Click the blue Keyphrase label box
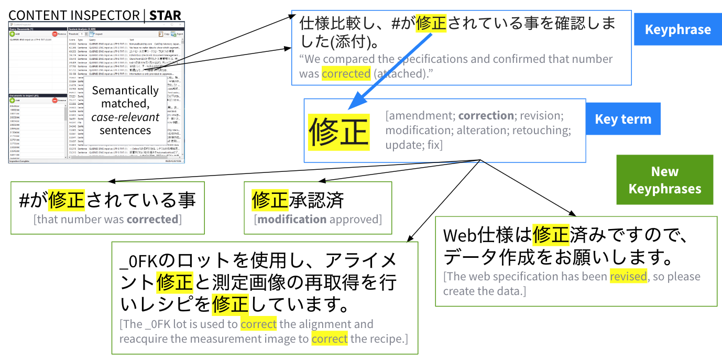pyautogui.click(x=678, y=29)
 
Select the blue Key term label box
pyautogui.click(x=623, y=119)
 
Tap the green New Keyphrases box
pyautogui.click(x=664, y=180)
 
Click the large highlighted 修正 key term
pyautogui.click(x=338, y=132)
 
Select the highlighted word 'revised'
pyautogui.click(x=628, y=276)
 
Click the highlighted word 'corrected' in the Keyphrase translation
pyautogui.click(x=346, y=74)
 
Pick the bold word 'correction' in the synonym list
pyautogui.click(x=486, y=115)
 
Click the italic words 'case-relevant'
pyautogui.click(x=125, y=117)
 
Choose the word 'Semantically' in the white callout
pyautogui.click(x=125, y=90)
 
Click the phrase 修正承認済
pyautogui.click(x=298, y=200)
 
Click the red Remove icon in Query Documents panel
pyautogui.click(x=55, y=34)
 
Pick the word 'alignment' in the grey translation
pyautogui.click(x=347, y=324)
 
